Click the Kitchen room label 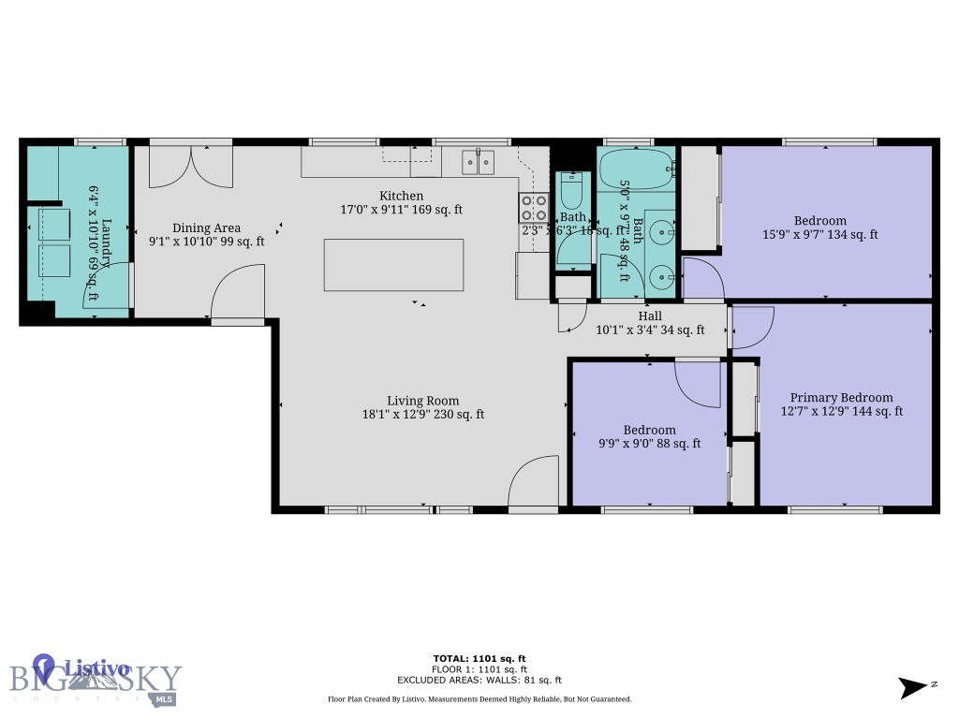[x=401, y=196]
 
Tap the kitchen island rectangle [x=393, y=265]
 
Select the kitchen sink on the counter [x=479, y=163]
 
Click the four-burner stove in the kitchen [x=534, y=207]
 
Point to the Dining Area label [x=206, y=227]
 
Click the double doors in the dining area [x=191, y=165]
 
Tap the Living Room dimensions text [x=423, y=414]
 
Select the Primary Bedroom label [x=841, y=397]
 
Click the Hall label [x=650, y=316]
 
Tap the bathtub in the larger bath [x=636, y=169]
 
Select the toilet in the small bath [x=570, y=192]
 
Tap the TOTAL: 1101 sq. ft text [x=479, y=658]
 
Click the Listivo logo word [x=94, y=668]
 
